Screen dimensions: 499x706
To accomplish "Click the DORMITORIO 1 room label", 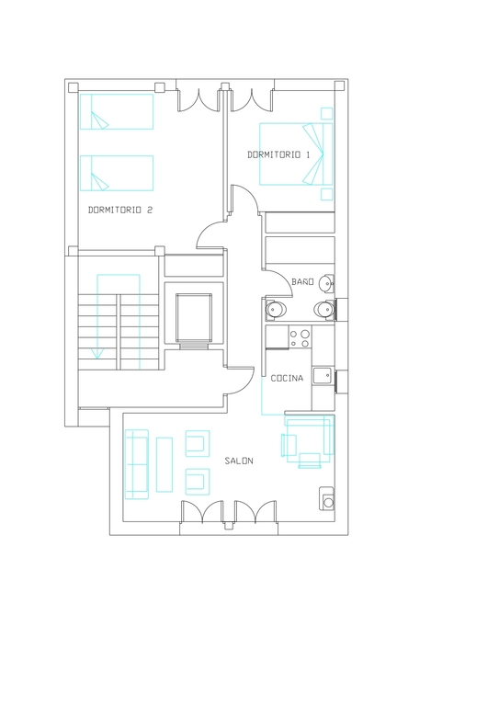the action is coord(278,154).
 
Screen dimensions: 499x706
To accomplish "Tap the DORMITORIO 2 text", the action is coord(120,210).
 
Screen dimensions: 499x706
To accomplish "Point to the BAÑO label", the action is coord(302,281).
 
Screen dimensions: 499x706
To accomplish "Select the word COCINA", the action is coord(287,378).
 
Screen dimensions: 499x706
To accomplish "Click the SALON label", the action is coord(239,461).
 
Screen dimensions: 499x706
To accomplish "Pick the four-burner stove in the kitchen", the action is coord(301,337).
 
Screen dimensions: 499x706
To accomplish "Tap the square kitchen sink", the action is coord(323,375).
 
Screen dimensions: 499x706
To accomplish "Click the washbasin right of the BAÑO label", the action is coord(325,283).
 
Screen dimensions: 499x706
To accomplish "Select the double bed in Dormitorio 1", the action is coord(296,154).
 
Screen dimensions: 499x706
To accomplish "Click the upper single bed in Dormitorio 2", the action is coord(117,111).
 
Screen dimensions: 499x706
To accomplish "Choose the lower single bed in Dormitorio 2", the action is coord(117,174).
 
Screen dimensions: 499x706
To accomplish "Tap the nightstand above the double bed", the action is coord(326,113).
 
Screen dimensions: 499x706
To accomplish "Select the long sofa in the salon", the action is coord(136,464).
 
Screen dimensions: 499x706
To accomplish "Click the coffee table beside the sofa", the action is coord(164,464).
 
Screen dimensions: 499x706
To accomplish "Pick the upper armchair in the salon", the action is coord(198,443).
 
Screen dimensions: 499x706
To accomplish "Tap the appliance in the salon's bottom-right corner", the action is coord(326,498).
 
